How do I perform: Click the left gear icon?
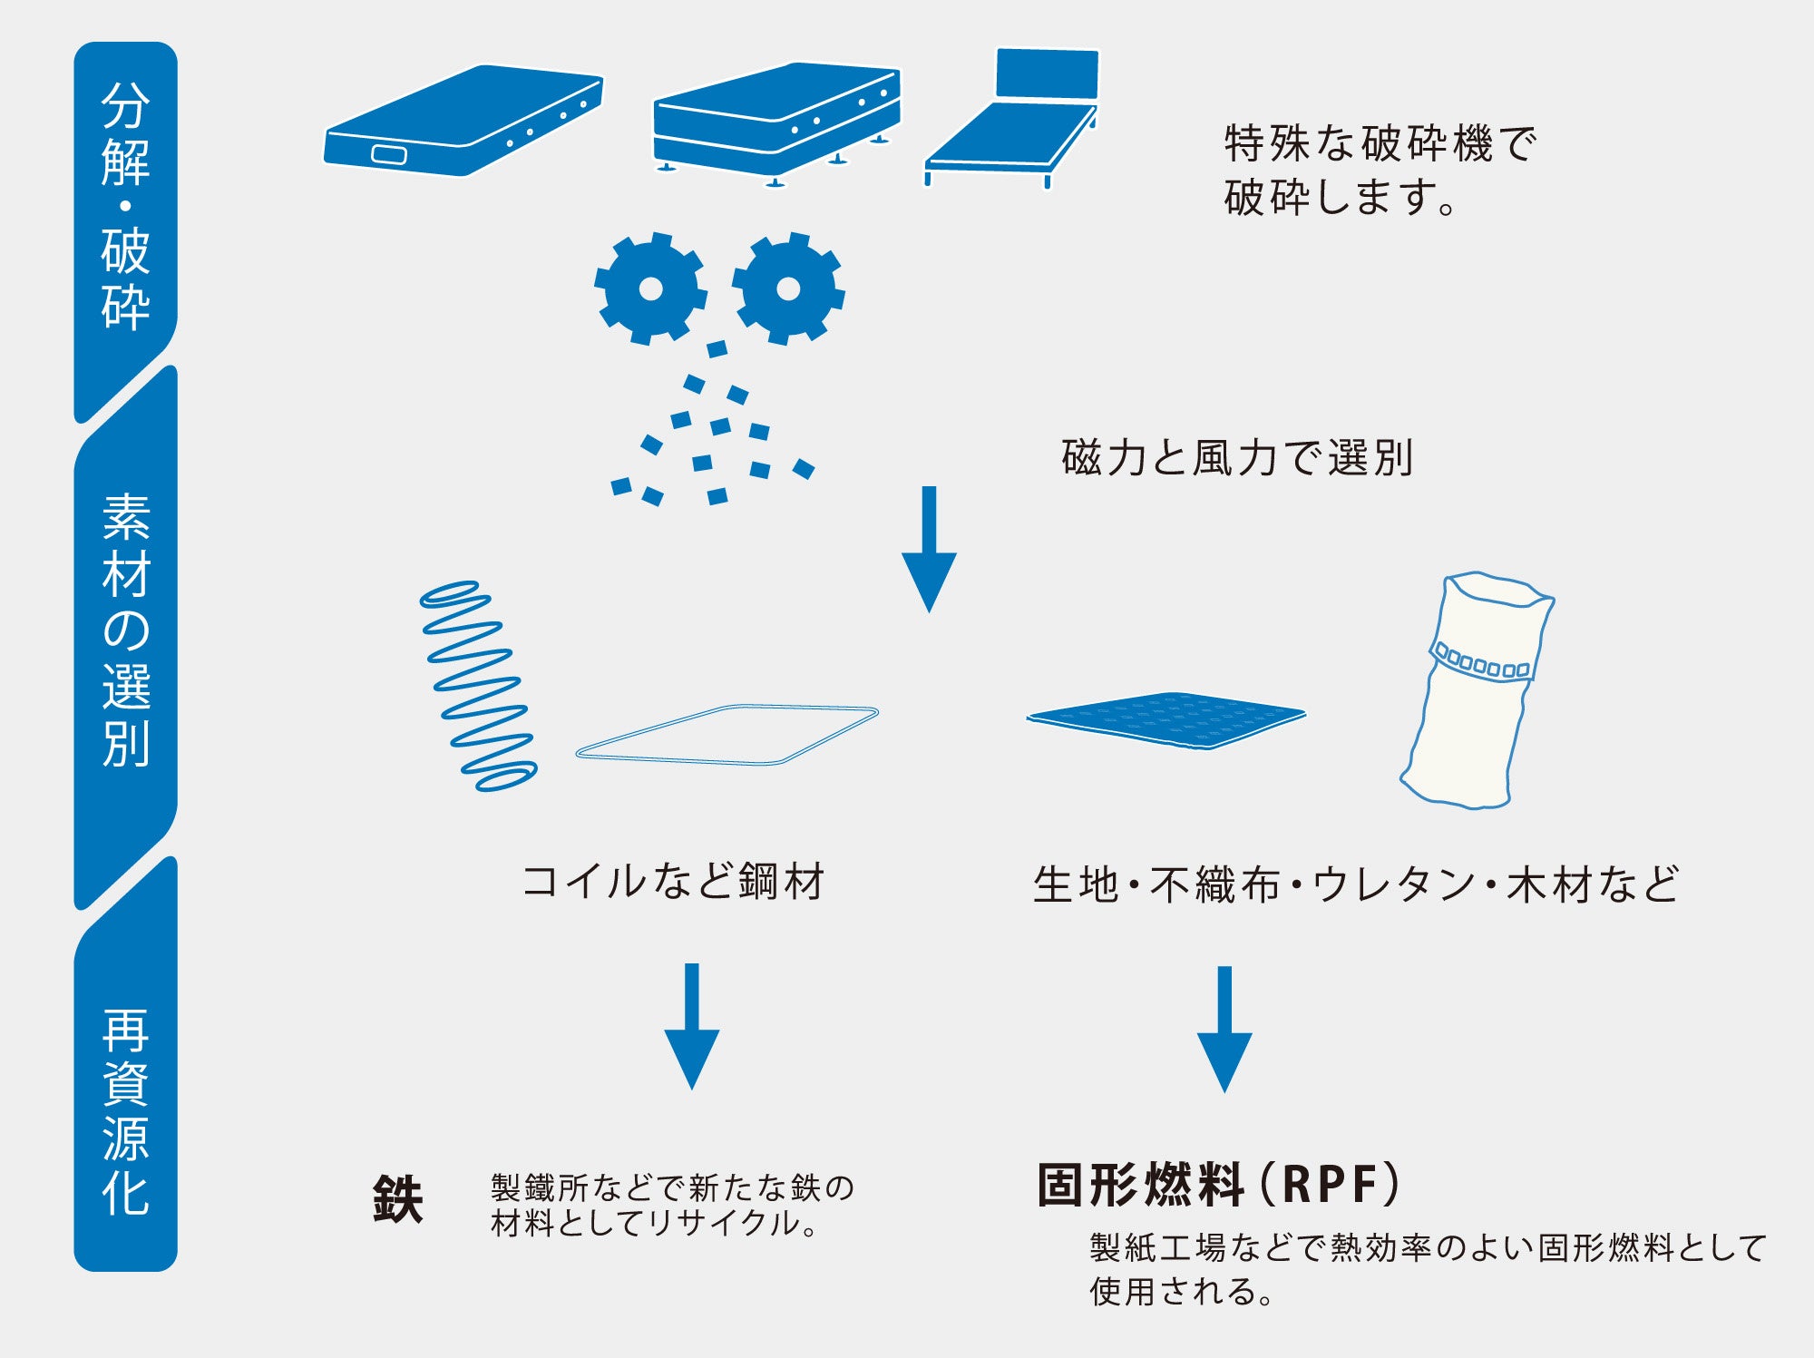(650, 288)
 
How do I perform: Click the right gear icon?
(788, 288)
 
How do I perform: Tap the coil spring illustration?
(478, 686)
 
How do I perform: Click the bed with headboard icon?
(1016, 122)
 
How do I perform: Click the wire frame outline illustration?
(727, 735)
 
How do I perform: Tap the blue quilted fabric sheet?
(1165, 719)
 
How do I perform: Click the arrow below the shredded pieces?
(929, 549)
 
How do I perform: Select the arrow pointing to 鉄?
(692, 1026)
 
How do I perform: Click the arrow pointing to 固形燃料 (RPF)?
(1224, 1029)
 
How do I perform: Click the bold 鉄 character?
(398, 1199)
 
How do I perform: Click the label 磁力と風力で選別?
(1237, 458)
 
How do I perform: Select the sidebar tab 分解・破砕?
(125, 209)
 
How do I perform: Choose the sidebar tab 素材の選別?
(125, 630)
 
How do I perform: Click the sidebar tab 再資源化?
(125, 1111)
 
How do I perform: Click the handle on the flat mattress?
(389, 154)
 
